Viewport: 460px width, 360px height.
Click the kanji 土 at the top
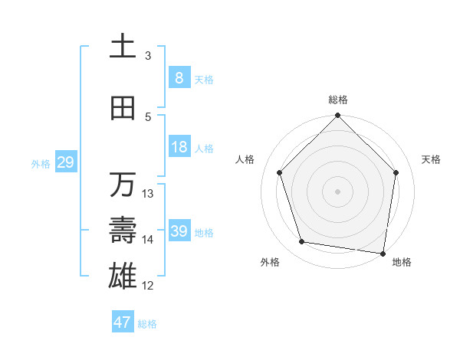(x=123, y=47)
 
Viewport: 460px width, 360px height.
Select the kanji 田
(x=123, y=108)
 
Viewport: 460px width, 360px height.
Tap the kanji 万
(x=123, y=185)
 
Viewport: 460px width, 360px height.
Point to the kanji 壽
(x=123, y=230)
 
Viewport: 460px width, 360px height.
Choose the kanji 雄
(x=123, y=275)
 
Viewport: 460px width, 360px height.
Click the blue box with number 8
(x=179, y=77)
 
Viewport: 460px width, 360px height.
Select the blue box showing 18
(x=179, y=147)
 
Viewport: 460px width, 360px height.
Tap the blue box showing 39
(x=179, y=231)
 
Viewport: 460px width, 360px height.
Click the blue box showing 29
(x=65, y=162)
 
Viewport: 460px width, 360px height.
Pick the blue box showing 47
(x=122, y=322)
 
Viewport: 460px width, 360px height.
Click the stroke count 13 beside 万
(x=148, y=194)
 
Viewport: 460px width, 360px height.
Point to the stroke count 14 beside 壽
(x=148, y=240)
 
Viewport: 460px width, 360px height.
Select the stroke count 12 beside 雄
(x=148, y=286)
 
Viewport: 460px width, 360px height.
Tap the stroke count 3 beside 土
(x=148, y=56)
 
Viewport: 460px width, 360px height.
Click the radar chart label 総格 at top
(x=338, y=100)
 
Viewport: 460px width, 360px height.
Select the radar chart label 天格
(x=431, y=159)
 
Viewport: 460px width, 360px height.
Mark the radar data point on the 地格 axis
(x=383, y=253)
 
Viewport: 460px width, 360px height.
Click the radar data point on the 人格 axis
(x=280, y=172)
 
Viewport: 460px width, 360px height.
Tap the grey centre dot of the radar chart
(x=338, y=191)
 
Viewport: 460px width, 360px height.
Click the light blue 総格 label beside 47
(x=147, y=324)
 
